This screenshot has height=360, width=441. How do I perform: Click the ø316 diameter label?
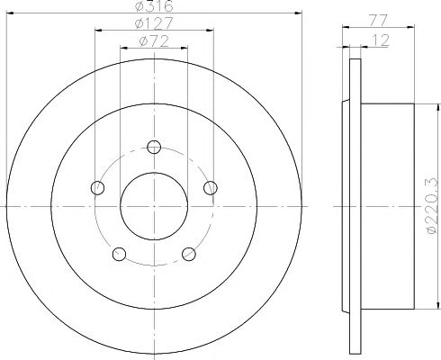[x=154, y=5]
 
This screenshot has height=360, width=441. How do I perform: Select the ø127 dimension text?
[x=154, y=23]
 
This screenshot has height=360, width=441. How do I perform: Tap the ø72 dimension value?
[x=154, y=41]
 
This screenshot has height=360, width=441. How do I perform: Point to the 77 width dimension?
[x=378, y=21]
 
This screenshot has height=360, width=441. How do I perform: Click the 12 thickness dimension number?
[x=381, y=40]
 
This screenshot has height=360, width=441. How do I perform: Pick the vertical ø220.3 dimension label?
[x=432, y=206]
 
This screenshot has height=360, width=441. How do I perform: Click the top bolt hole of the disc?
[x=154, y=147]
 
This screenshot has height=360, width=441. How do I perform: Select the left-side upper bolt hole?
[x=97, y=188]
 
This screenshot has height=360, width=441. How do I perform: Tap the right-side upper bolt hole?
[x=211, y=188]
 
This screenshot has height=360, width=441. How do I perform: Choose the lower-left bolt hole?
[x=119, y=255]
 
